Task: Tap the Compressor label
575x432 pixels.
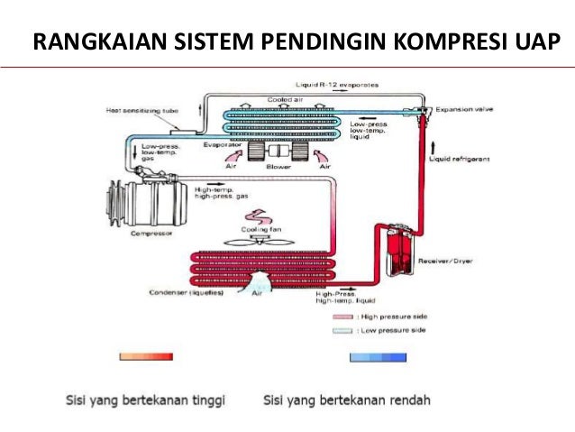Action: tap(150, 233)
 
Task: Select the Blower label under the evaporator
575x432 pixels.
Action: tap(277, 167)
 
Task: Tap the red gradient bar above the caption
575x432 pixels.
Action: tap(146, 357)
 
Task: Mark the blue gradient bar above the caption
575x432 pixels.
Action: tap(378, 357)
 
